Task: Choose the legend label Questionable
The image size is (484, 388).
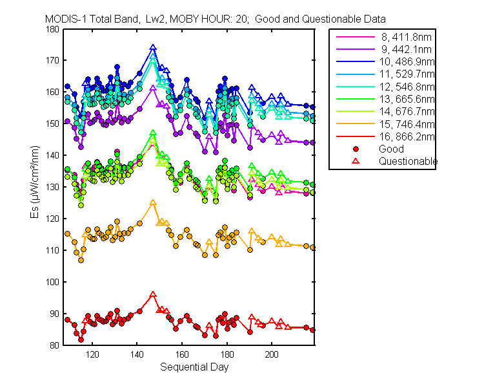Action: point(408,161)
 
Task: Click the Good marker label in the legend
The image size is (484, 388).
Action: point(391,149)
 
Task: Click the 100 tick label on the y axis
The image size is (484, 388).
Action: point(52,282)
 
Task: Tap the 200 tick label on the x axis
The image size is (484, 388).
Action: point(272,354)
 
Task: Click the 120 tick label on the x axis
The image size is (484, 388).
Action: point(92,354)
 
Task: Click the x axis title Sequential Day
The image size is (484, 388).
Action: point(194,367)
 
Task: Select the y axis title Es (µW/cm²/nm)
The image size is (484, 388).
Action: point(35,182)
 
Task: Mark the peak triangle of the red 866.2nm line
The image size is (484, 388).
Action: point(153,295)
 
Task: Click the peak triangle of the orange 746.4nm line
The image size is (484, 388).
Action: point(153,202)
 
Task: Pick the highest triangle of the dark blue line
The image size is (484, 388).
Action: point(153,48)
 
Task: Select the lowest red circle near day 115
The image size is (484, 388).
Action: point(81,339)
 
